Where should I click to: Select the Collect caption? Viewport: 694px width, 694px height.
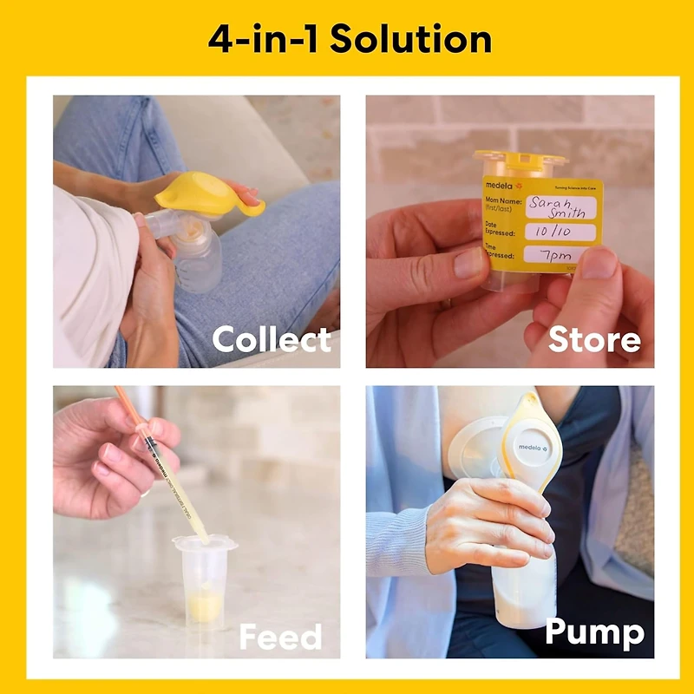[x=271, y=339]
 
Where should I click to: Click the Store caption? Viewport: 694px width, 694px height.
[x=595, y=339]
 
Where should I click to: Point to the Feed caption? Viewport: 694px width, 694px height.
[x=280, y=638]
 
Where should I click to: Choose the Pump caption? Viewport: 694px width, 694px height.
[x=594, y=633]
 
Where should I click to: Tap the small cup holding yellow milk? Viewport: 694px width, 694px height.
[x=205, y=581]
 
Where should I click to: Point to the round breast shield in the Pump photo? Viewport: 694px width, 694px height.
[x=476, y=448]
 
